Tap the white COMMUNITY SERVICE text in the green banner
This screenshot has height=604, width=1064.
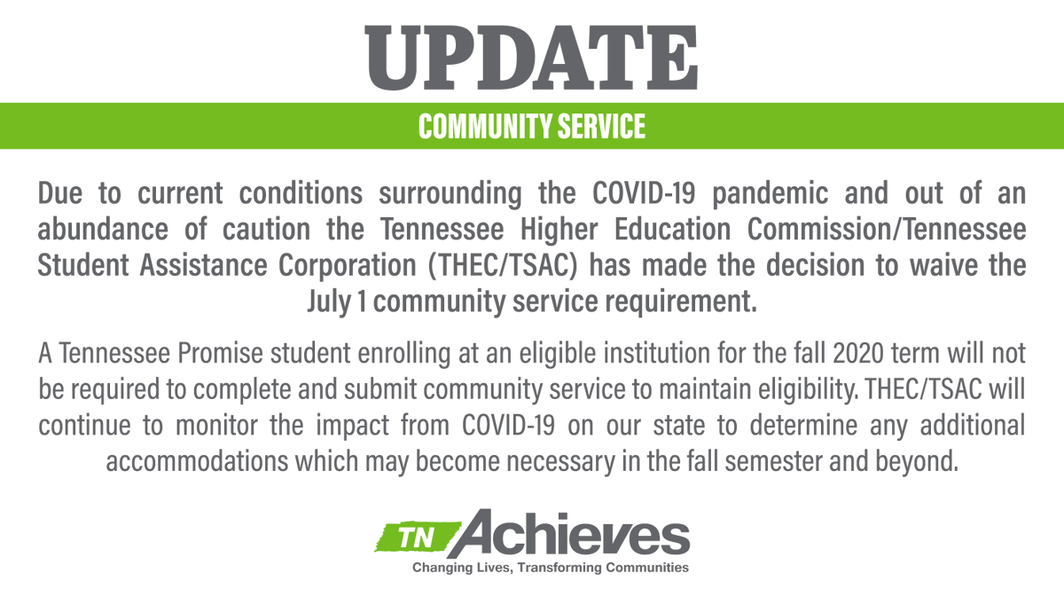[532, 127]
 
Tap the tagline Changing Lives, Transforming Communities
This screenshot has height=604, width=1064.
[551, 568]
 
